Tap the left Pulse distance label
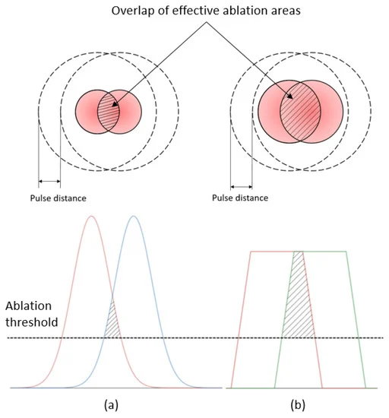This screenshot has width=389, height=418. click(x=58, y=198)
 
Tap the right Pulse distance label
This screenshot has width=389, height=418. click(x=240, y=198)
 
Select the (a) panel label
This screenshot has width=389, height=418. click(x=111, y=405)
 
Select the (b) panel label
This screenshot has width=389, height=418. click(x=298, y=405)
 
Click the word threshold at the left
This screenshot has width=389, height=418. click(x=32, y=322)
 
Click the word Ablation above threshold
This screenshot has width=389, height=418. click(x=29, y=306)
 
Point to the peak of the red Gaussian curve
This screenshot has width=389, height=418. click(x=91, y=216)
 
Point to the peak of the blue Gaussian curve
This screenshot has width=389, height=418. click(x=134, y=216)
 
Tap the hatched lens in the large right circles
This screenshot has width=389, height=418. click(x=300, y=112)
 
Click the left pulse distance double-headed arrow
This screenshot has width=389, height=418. click(x=49, y=182)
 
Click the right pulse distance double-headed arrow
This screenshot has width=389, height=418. click(x=242, y=187)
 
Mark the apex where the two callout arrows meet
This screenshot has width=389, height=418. click(x=206, y=22)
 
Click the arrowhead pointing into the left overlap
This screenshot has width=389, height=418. click(x=115, y=104)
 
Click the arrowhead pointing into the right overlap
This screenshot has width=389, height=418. click(x=290, y=96)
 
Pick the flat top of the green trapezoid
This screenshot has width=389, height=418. click(x=319, y=252)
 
